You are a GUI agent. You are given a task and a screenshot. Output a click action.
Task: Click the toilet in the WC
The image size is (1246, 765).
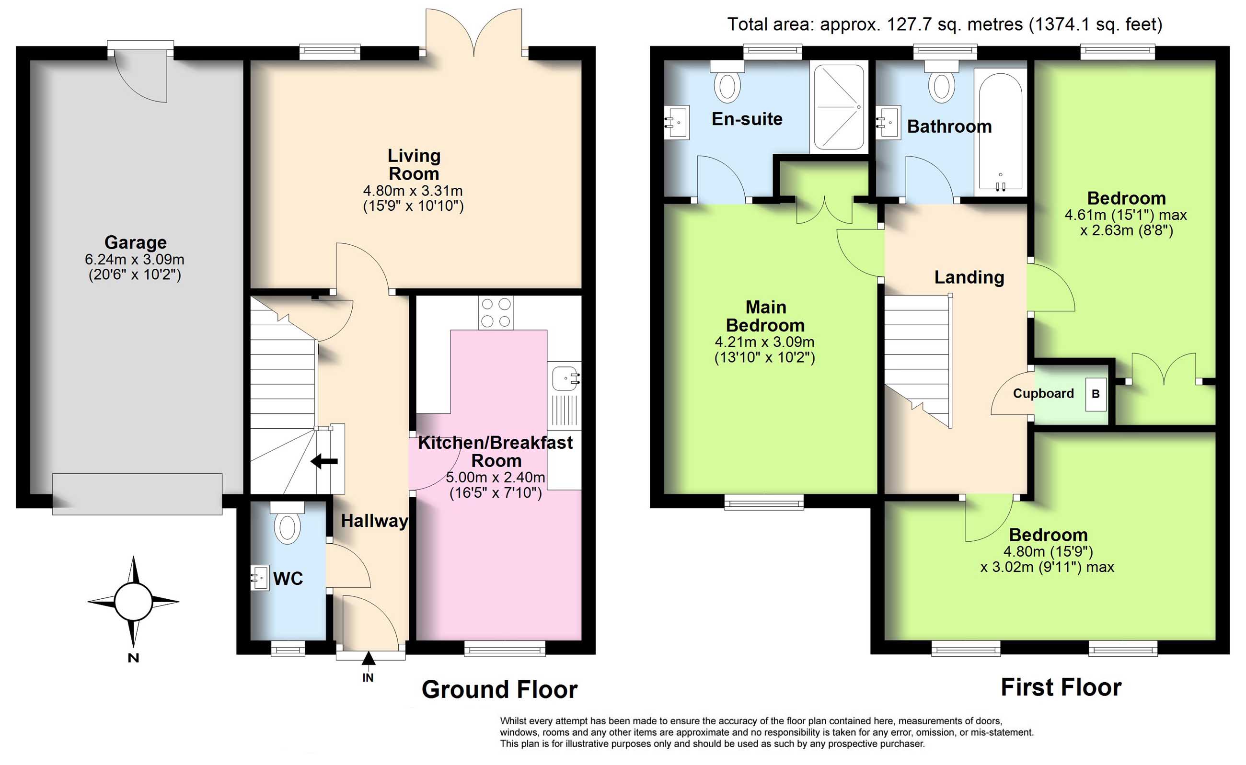287,523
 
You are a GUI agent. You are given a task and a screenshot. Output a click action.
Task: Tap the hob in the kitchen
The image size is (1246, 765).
496,312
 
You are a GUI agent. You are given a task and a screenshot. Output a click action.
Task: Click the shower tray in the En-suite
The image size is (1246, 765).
839,107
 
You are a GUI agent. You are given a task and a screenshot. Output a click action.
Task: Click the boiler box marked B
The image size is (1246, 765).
1096,394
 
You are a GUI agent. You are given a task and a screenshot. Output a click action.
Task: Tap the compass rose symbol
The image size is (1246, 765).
133,602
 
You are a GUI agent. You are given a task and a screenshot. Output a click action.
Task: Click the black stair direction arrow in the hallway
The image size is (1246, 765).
324,461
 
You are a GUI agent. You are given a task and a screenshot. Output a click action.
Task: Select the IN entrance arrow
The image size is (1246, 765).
369,658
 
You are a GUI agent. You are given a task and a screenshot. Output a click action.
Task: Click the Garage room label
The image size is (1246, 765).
136,242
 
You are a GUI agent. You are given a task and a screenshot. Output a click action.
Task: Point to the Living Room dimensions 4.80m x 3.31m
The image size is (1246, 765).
413,191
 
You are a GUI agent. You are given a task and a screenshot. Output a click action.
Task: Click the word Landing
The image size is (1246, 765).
969,277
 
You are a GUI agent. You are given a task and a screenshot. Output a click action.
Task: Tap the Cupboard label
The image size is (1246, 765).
1043,394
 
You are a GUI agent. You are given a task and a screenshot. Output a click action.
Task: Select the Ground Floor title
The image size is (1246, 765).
499,689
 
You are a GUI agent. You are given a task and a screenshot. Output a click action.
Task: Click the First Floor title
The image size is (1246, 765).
1061,687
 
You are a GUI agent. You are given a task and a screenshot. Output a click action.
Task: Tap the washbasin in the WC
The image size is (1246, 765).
260,578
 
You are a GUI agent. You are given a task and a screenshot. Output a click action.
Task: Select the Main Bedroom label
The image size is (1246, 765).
765,316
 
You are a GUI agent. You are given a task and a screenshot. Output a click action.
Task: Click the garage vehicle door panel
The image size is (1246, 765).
137,494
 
